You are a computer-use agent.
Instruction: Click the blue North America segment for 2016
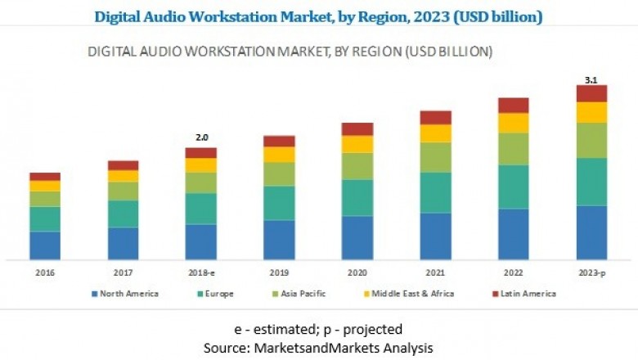tap(45, 245)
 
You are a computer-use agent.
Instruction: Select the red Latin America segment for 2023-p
tap(591, 93)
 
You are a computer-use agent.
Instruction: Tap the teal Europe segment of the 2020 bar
tap(357, 197)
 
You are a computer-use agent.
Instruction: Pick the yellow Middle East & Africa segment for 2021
tap(435, 133)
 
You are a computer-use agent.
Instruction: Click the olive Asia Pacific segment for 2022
tap(514, 149)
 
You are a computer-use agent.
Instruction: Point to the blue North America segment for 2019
tap(279, 240)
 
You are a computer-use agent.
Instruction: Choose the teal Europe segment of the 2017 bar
tap(123, 214)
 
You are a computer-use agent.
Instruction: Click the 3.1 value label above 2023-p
tap(591, 79)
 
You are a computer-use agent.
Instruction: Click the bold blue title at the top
tap(318, 16)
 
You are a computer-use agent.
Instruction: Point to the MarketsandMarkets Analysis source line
tap(318, 347)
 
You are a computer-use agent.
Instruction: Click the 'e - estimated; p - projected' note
tap(318, 329)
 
